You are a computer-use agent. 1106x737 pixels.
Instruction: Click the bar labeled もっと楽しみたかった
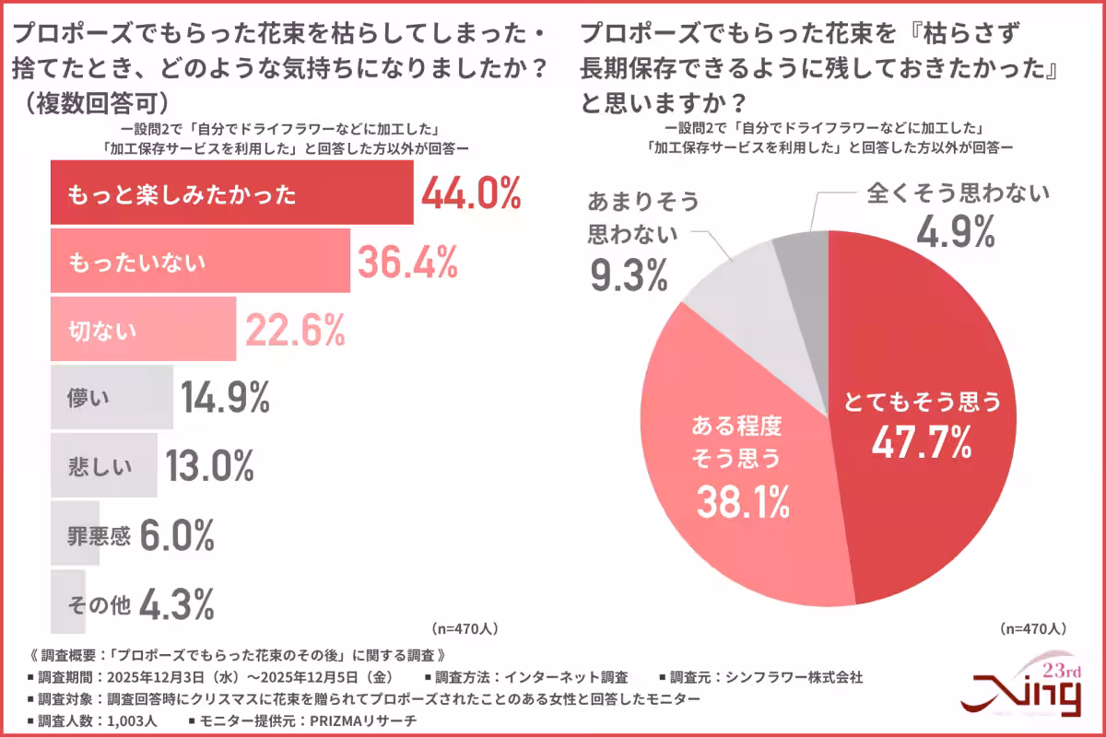[230, 193]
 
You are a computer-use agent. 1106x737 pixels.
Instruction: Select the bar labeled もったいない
[199, 262]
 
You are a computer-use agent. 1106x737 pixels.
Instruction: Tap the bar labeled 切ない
[143, 329]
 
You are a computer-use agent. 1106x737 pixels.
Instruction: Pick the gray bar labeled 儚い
[111, 397]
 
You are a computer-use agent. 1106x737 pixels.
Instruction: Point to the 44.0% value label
[471, 194]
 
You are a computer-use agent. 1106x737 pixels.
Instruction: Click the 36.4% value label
[407, 263]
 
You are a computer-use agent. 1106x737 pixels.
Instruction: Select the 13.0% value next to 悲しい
[210, 466]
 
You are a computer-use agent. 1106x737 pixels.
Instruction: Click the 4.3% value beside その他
[177, 604]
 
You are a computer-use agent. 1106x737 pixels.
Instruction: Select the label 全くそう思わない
[958, 193]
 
